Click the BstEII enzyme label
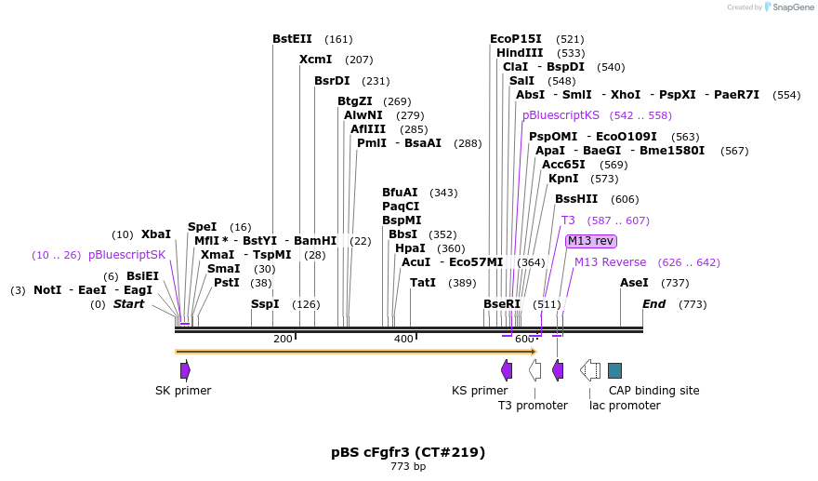[292, 39]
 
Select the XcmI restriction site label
[315, 60]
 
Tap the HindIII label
[520, 53]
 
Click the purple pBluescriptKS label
[561, 115]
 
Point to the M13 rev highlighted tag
[591, 241]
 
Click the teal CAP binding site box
[614, 370]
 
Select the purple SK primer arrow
[185, 370]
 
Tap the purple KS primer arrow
[507, 370]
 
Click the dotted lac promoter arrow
[590, 370]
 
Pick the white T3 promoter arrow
[534, 370]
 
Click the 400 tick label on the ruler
[403, 339]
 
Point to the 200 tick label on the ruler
[283, 339]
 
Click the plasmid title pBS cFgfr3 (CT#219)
[408, 452]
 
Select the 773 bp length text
[408, 466]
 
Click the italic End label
[654, 304]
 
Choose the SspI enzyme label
[265, 304]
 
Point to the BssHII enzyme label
[576, 199]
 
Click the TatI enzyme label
[423, 283]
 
